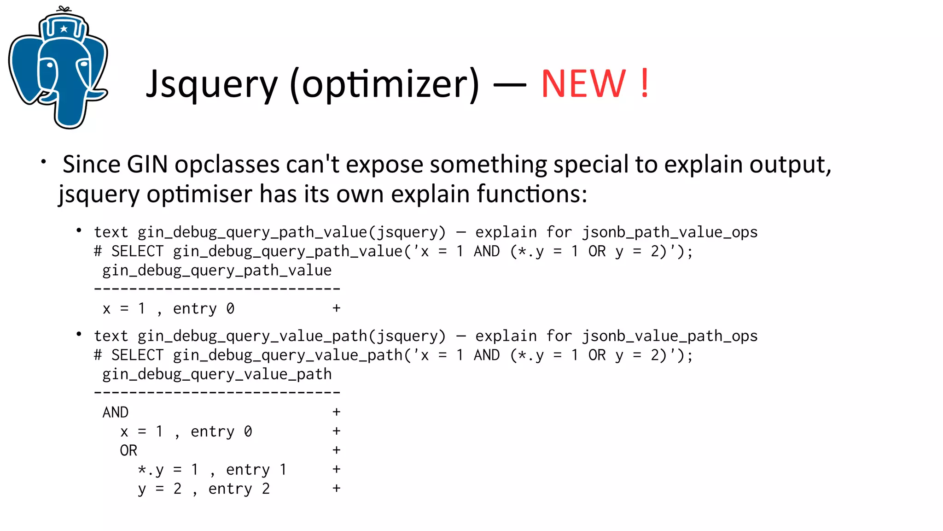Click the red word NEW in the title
[x=583, y=84]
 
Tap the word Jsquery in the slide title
[x=212, y=85]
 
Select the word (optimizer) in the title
[x=384, y=85]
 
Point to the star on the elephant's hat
[x=64, y=29]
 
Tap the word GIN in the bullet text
[x=147, y=165]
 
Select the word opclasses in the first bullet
[x=227, y=165]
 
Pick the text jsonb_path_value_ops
[x=670, y=232]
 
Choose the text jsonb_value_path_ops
[x=670, y=336]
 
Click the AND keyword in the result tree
[x=115, y=413]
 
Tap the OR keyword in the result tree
[x=128, y=450]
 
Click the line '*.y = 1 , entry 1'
[x=212, y=470]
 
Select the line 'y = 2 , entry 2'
[x=204, y=489]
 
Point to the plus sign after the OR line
[x=337, y=450]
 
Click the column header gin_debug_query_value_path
[x=217, y=374]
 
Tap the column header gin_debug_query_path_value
[x=217, y=271]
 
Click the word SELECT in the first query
[x=137, y=252]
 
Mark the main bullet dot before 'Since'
[x=43, y=162]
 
